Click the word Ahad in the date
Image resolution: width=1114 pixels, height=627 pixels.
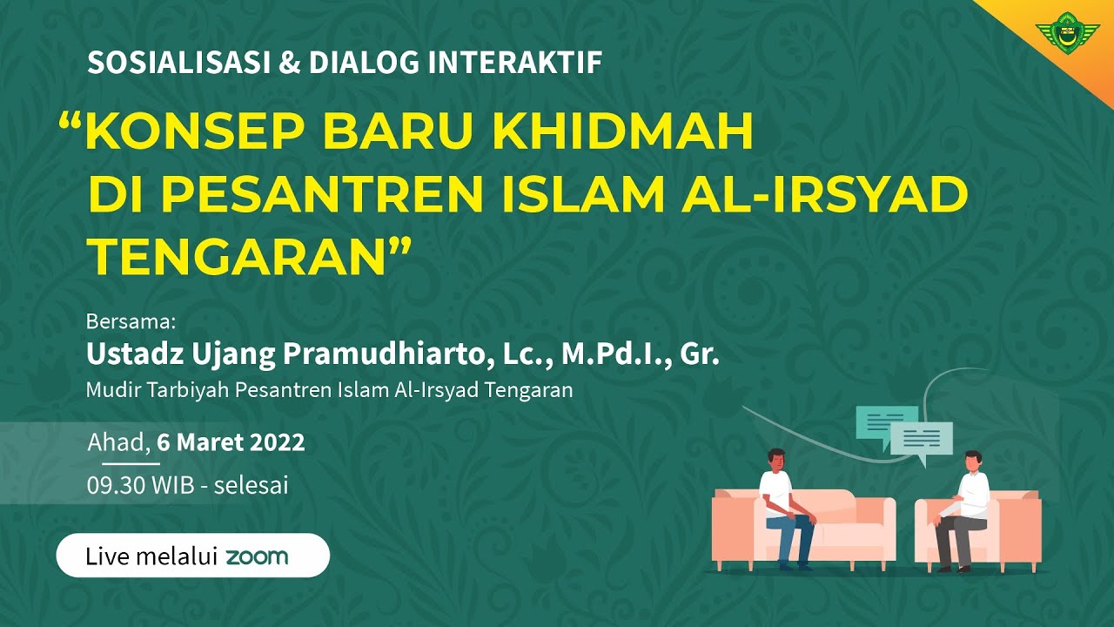[x=117, y=442]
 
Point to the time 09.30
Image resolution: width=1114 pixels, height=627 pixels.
[x=117, y=485]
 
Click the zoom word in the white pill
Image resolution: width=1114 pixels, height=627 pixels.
[x=257, y=556]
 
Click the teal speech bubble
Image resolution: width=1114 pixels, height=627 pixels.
[x=885, y=421]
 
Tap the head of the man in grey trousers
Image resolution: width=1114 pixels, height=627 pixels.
[x=971, y=462]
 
